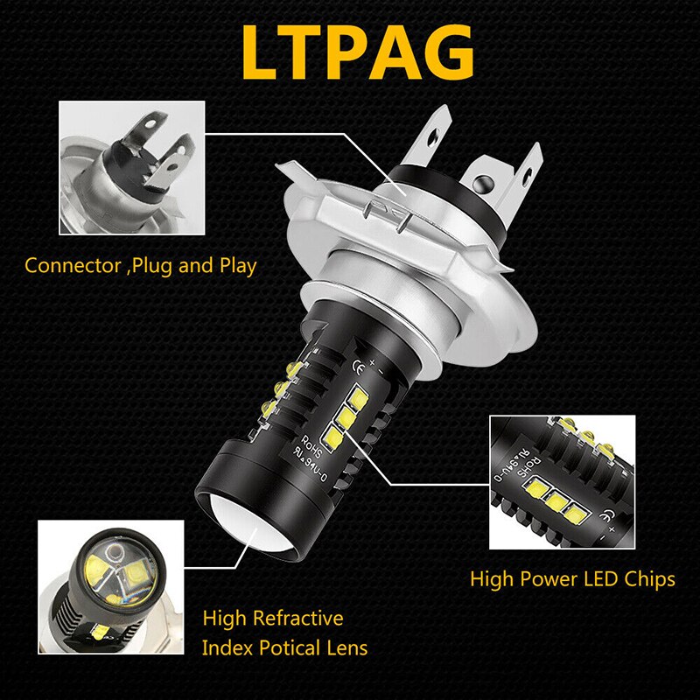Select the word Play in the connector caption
pyautogui.click(x=236, y=265)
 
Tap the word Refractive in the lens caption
pyautogui.click(x=297, y=619)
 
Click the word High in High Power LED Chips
pyautogui.click(x=491, y=578)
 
